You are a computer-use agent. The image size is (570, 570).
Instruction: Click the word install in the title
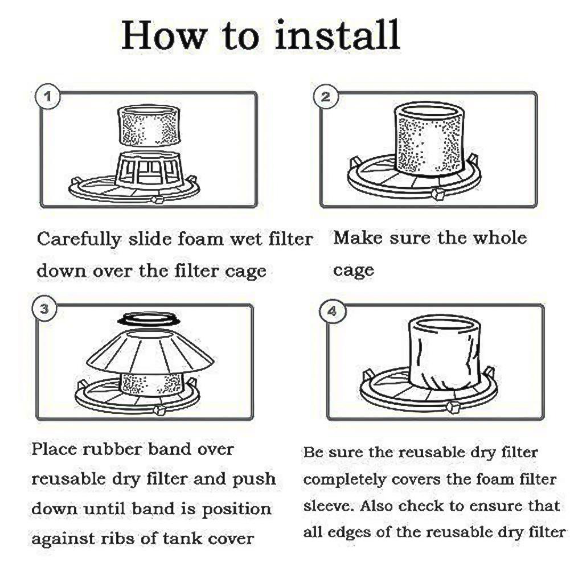click(x=338, y=35)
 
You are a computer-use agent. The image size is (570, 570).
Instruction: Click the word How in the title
click(x=164, y=35)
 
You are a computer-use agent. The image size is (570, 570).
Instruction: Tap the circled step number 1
click(x=48, y=97)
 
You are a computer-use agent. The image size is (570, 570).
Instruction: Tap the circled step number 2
click(x=326, y=97)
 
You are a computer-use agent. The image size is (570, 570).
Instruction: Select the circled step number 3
click(x=44, y=309)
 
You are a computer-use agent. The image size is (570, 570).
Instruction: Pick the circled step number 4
click(x=333, y=311)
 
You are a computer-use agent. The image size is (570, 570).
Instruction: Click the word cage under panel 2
click(x=353, y=270)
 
